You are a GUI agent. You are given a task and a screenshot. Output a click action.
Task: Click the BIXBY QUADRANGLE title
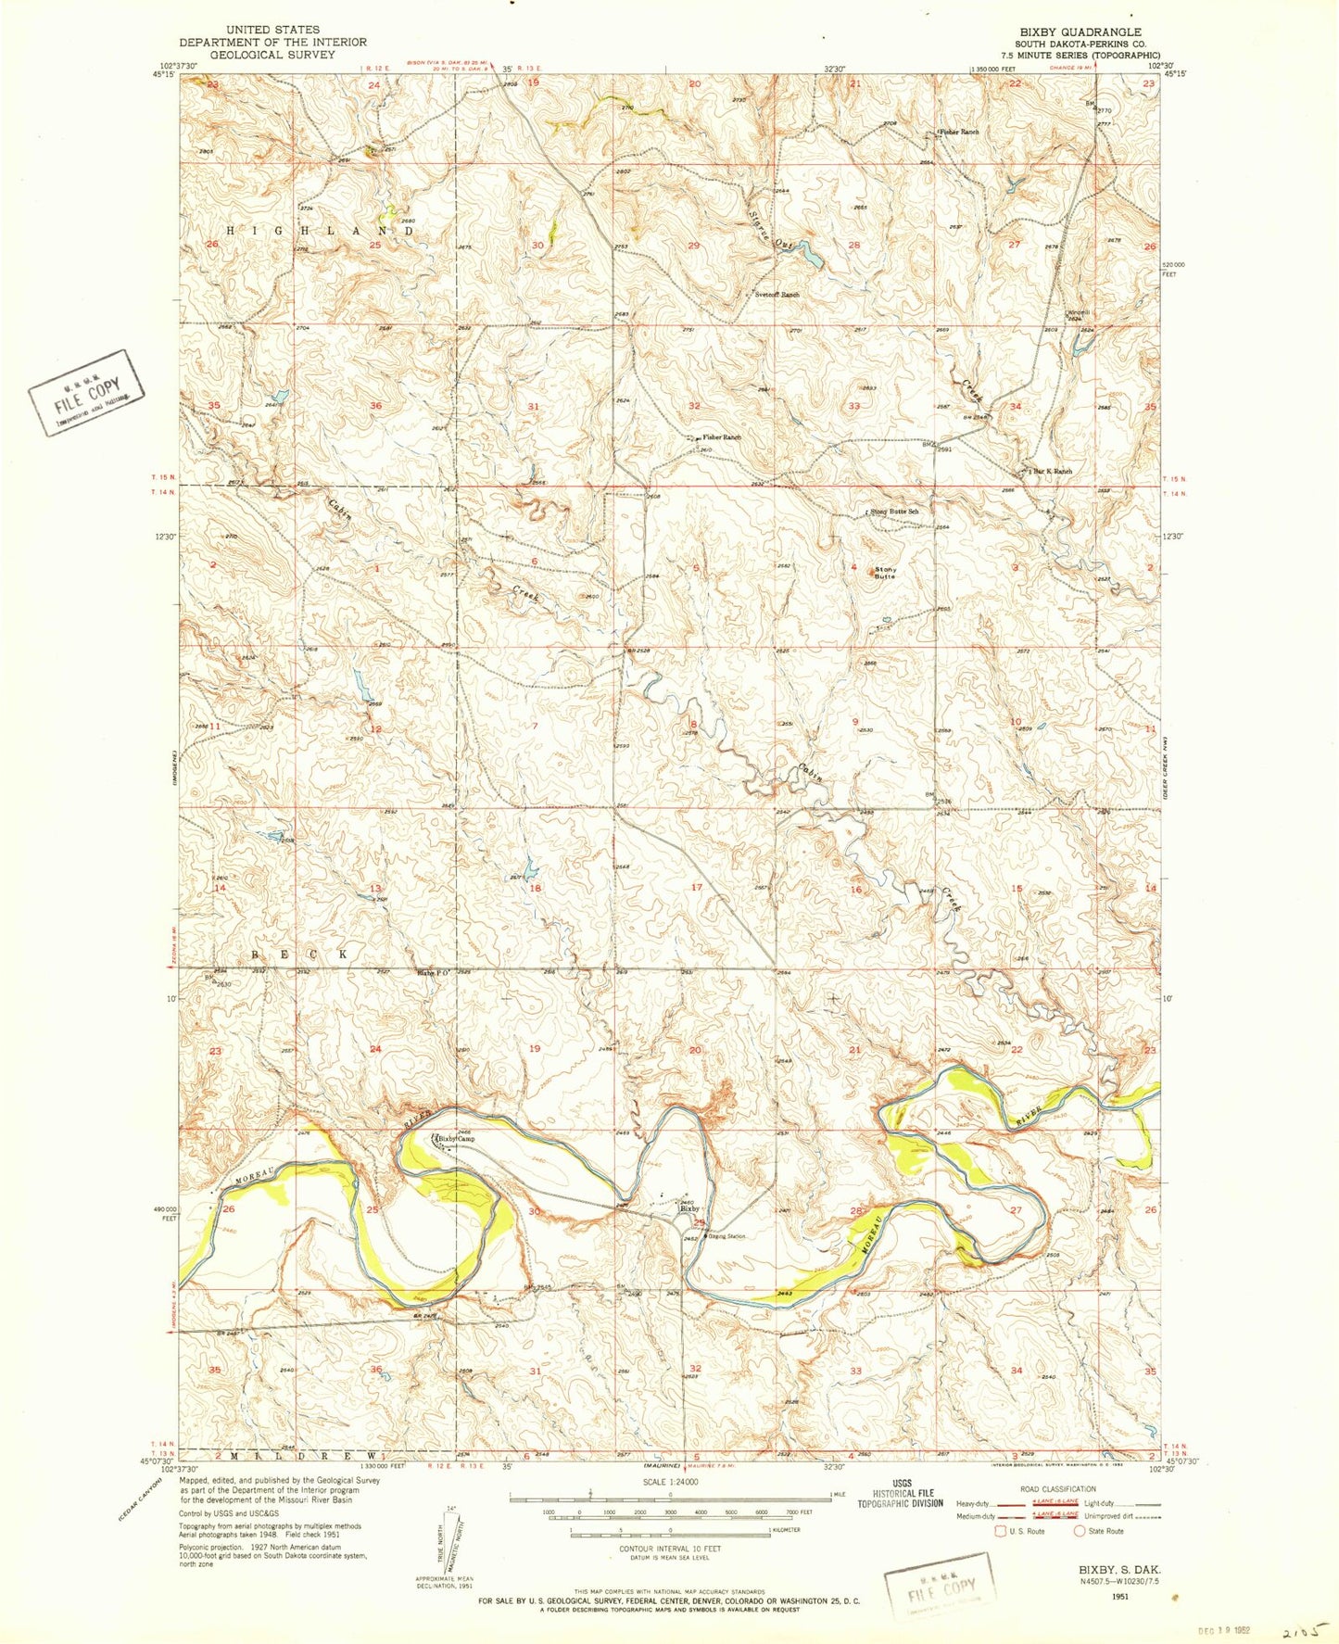click(1078, 32)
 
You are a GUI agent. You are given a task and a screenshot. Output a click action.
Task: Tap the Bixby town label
click(688, 1208)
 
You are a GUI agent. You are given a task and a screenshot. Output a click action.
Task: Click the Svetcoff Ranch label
click(777, 295)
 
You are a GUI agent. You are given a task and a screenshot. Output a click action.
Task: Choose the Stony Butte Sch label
click(893, 511)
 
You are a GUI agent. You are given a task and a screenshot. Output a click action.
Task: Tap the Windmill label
click(1079, 312)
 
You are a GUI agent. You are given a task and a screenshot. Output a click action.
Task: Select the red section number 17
click(697, 888)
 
